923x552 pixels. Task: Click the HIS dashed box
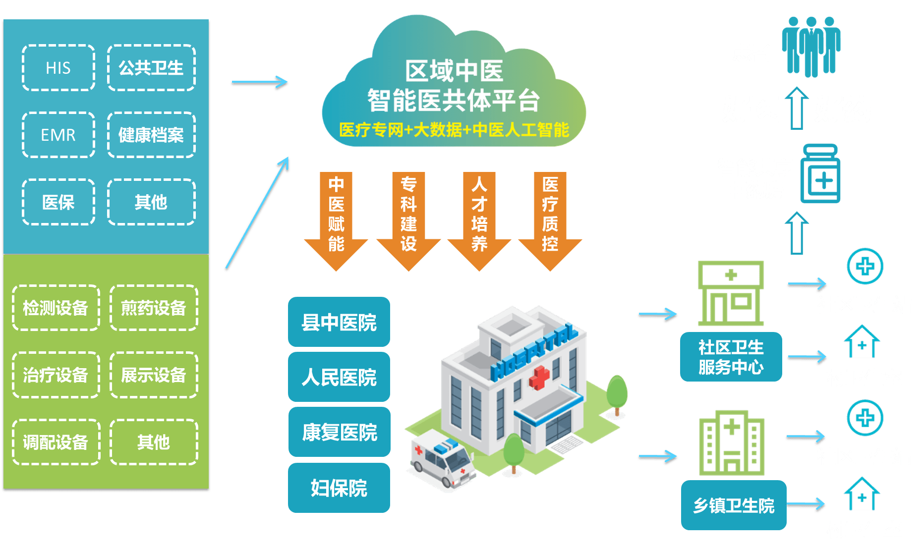(58, 67)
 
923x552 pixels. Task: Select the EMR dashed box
(58, 135)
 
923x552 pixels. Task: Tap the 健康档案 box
(151, 135)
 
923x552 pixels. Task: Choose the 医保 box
(58, 202)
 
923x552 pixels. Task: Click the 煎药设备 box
(154, 308)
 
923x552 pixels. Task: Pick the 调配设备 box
(56, 442)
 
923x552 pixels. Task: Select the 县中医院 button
(339, 322)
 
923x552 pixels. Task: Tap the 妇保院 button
(339, 488)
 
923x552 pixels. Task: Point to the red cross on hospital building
(539, 377)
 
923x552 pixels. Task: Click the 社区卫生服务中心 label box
(731, 357)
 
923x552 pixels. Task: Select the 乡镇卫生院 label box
(733, 505)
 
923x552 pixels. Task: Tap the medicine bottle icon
(820, 174)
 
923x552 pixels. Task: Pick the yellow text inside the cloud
(454, 130)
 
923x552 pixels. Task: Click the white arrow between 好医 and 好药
(797, 108)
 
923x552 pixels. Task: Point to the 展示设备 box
(154, 375)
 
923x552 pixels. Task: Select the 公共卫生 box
(151, 67)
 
